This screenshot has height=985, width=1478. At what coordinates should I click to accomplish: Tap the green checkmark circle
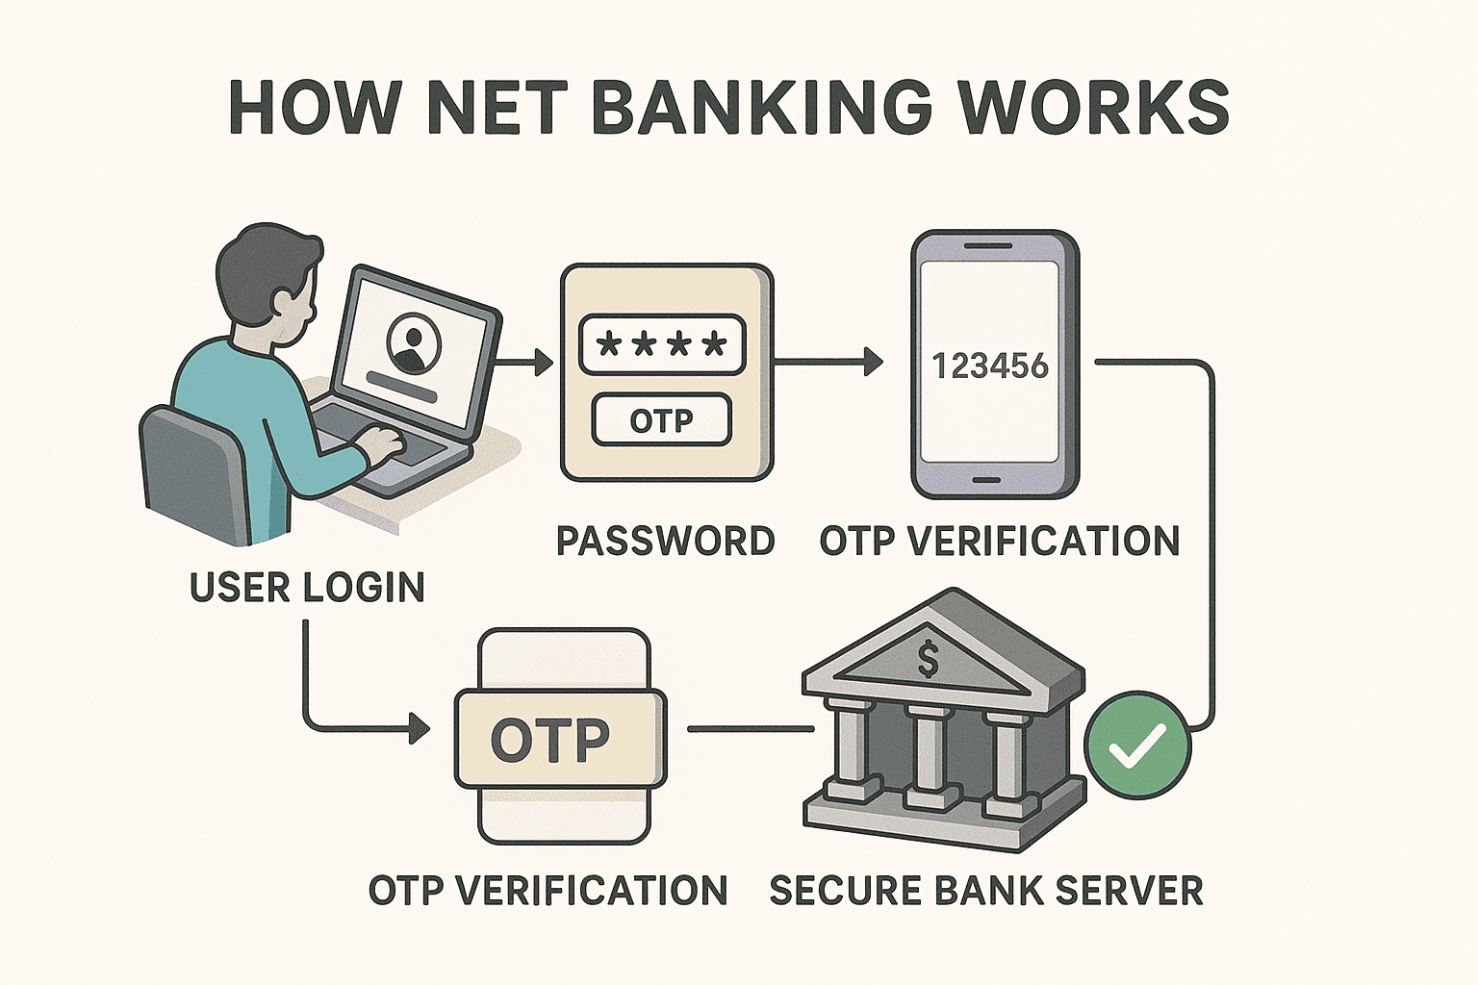[1137, 745]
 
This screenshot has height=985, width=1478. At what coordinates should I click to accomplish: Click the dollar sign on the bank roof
[928, 660]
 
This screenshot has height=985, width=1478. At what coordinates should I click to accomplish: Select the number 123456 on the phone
[990, 366]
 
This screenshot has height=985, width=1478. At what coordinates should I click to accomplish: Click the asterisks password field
[662, 344]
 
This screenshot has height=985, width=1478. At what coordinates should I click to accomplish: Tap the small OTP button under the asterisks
[662, 420]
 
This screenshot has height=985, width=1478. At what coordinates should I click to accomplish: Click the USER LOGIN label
[307, 587]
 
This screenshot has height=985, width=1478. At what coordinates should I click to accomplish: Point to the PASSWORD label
[666, 541]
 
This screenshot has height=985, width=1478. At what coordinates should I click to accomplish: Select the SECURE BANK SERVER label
[986, 890]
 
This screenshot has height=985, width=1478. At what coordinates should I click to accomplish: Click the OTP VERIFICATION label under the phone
[1000, 541]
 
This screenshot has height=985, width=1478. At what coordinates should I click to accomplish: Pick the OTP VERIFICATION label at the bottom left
[548, 890]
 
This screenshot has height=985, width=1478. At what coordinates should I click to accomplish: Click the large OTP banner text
[550, 740]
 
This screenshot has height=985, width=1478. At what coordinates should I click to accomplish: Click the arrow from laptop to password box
[527, 363]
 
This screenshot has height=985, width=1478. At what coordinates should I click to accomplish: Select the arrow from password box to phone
[828, 363]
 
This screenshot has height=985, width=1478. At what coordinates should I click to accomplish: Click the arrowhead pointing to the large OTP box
[420, 728]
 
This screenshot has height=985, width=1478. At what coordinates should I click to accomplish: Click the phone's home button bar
[994, 478]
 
